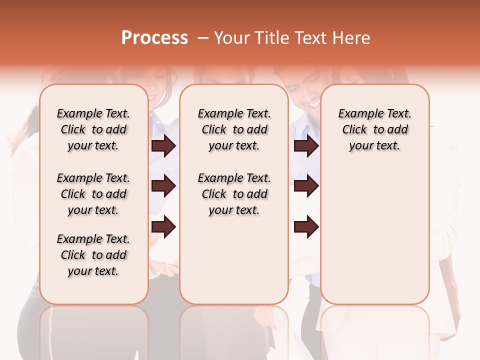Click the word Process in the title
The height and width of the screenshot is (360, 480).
154,38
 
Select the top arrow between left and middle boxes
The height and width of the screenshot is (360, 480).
163,145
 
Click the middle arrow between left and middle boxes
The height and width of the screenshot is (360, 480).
163,186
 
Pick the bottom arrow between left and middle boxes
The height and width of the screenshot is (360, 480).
163,226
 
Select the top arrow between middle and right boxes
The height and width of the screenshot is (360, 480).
306,145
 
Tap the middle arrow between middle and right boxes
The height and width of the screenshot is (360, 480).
306,186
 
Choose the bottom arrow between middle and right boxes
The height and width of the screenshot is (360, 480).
306,226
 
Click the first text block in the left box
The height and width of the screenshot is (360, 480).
93,129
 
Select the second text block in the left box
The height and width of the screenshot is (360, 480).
93,194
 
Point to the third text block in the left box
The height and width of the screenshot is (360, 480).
93,255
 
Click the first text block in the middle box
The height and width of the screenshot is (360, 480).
234,129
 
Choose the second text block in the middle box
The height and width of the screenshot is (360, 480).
234,194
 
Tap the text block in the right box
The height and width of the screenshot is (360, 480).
374,129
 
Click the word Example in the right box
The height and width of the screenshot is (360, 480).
359,114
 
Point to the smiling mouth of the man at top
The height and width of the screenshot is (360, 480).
313,104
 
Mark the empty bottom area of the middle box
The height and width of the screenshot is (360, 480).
234,265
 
